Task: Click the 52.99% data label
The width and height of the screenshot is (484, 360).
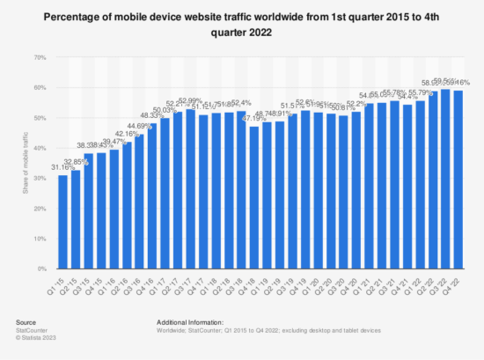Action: (190, 100)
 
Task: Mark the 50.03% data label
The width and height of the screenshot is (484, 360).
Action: (165, 109)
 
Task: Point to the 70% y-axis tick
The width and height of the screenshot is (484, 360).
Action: (40, 57)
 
